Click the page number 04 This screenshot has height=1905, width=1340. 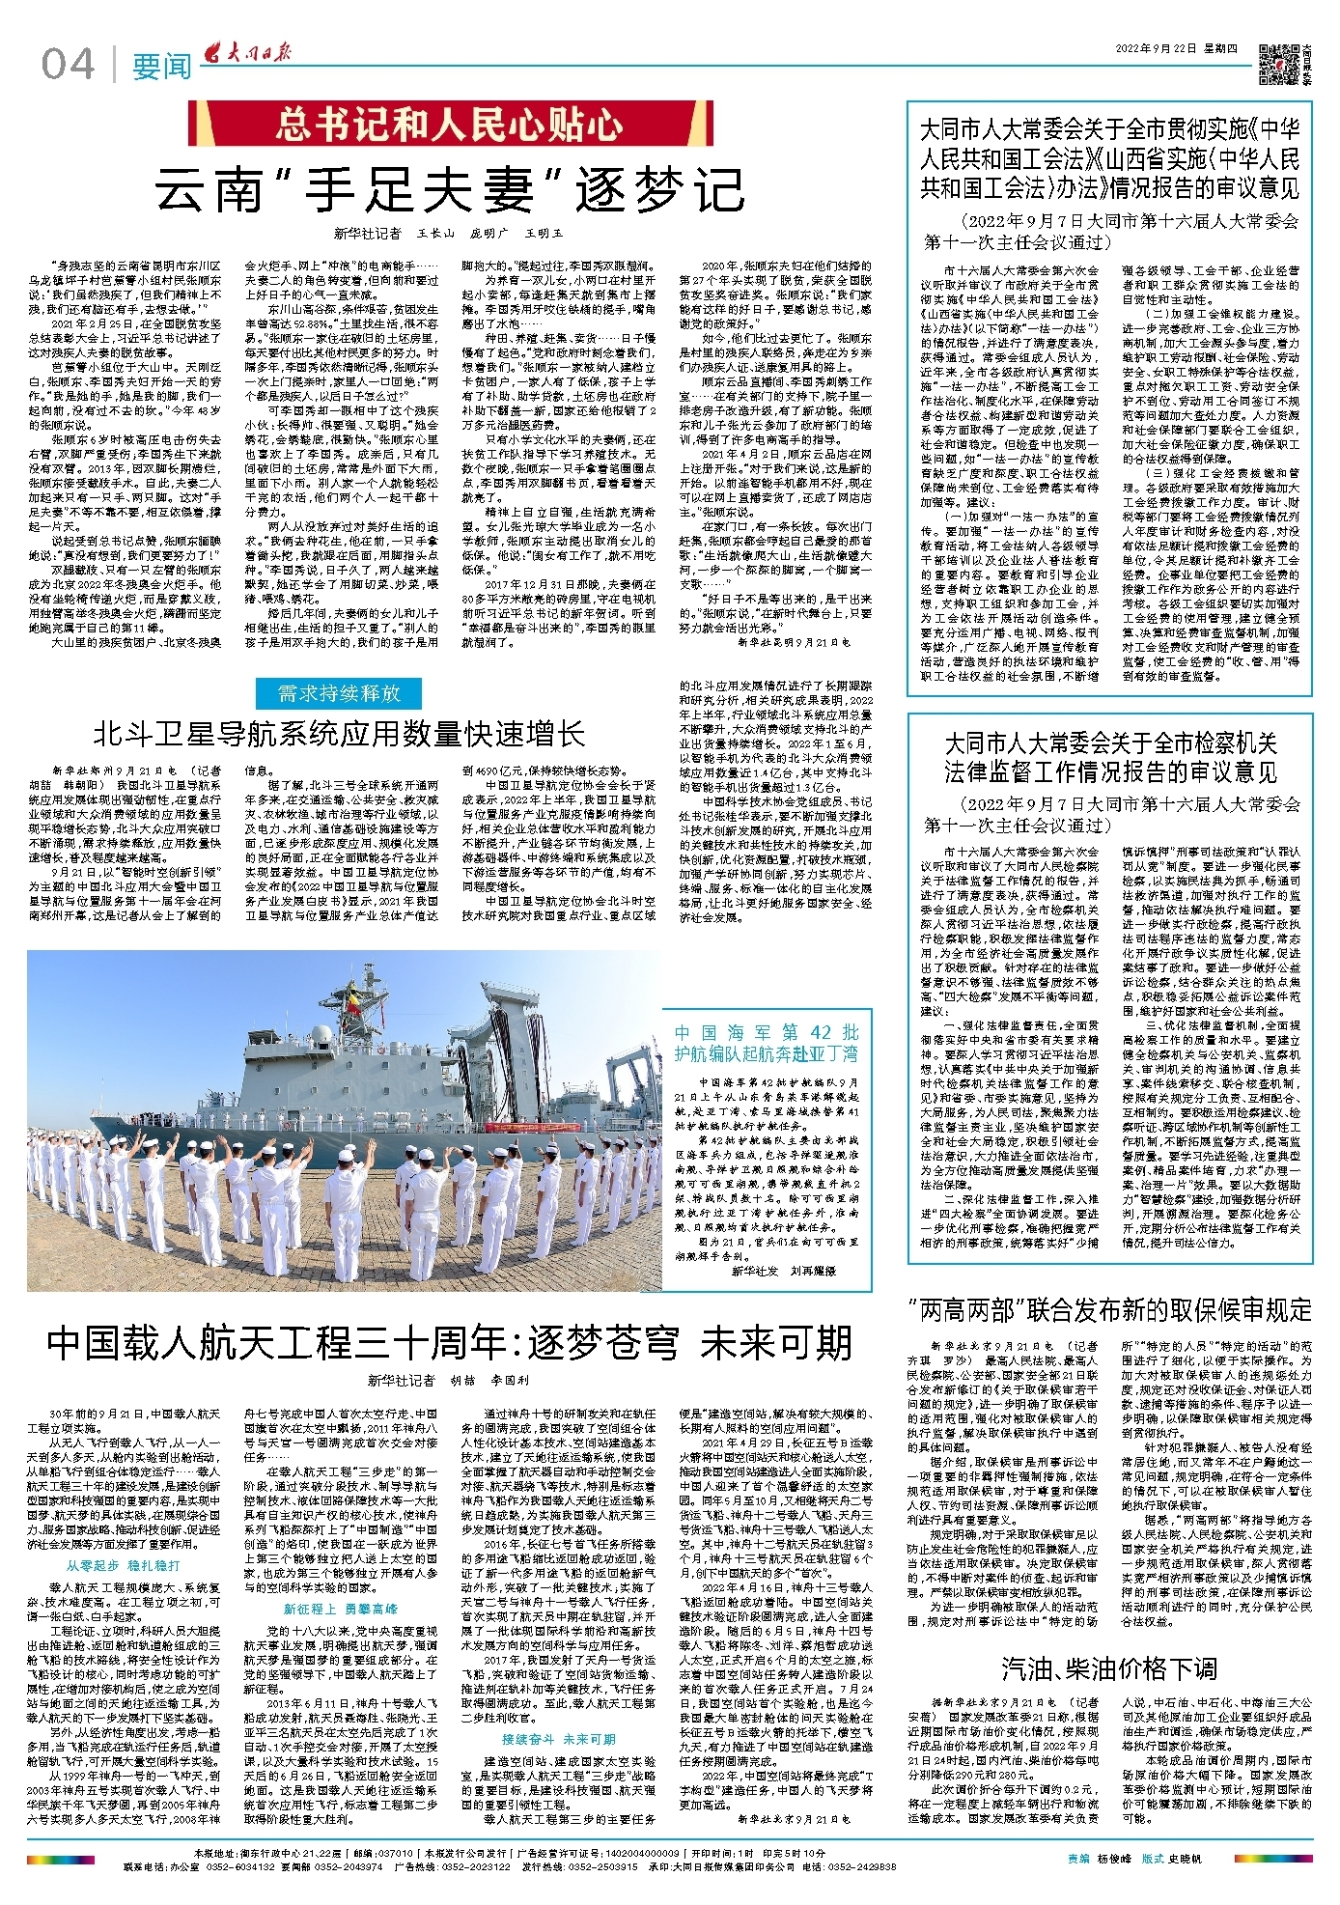pyautogui.click(x=69, y=65)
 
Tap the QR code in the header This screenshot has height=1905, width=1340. pyautogui.click(x=1278, y=64)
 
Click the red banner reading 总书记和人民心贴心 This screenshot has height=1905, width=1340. pyautogui.click(x=449, y=125)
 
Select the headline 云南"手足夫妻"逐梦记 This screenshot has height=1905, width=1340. pyautogui.click(x=450, y=189)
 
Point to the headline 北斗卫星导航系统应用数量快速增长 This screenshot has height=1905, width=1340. pyautogui.click(x=340, y=734)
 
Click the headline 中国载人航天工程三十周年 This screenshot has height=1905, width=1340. pyautogui.click(x=450, y=1341)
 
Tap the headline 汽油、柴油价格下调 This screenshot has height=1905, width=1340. pyautogui.click(x=1109, y=1668)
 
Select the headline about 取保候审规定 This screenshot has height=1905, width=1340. pyautogui.click(x=1110, y=1310)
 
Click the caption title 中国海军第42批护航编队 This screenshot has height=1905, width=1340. pyautogui.click(x=766, y=1043)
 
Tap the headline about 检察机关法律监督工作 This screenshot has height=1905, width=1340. pyautogui.click(x=1110, y=758)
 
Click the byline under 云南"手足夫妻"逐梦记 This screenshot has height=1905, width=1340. pyautogui.click(x=449, y=233)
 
